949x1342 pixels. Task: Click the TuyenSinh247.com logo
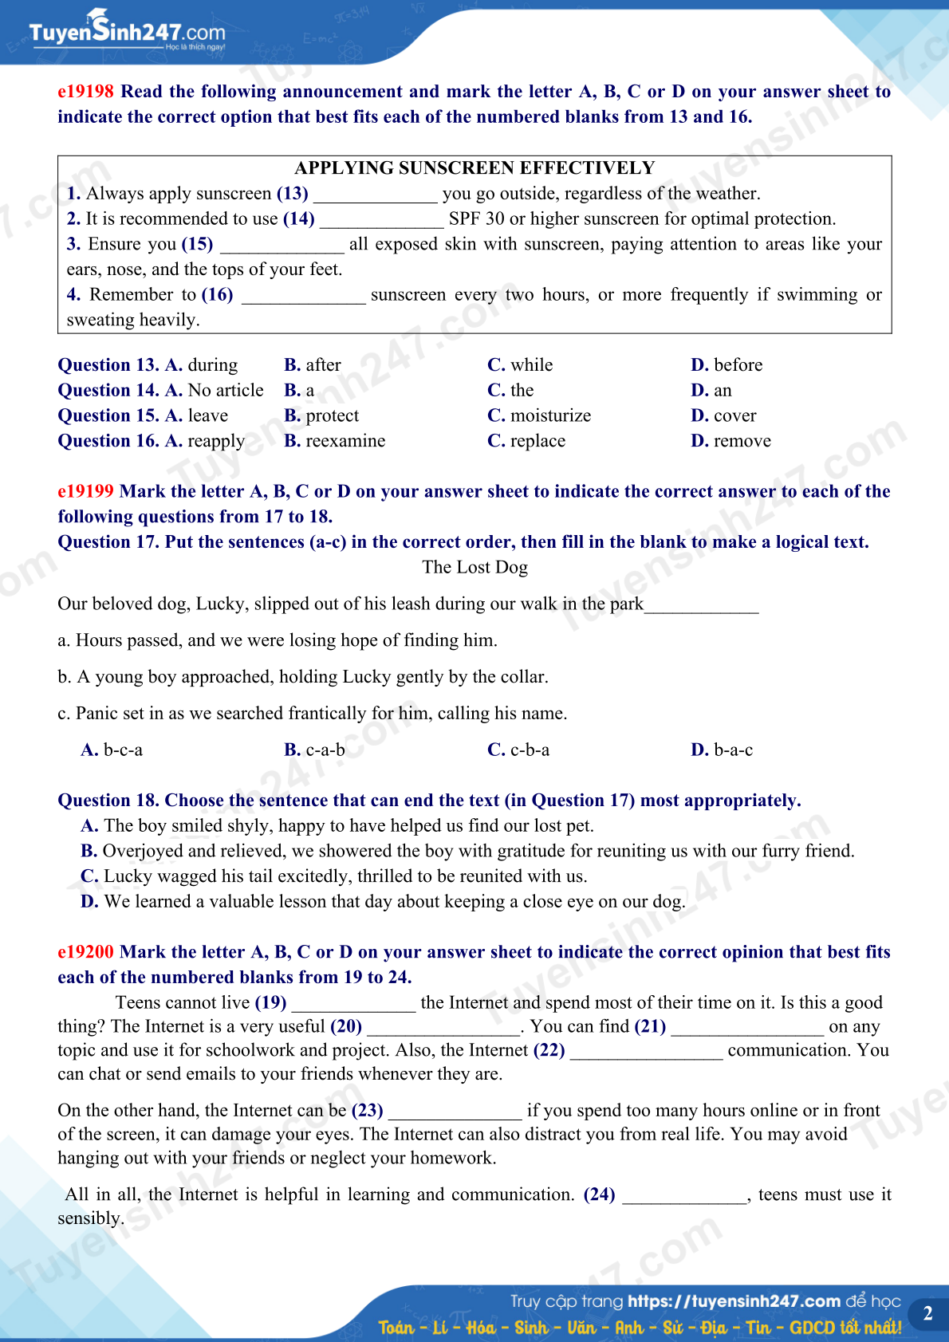(127, 32)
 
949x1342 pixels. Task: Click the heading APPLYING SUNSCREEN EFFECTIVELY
(475, 168)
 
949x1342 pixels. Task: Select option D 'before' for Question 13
(738, 365)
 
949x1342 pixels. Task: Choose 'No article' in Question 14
(226, 391)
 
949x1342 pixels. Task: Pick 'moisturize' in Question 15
(550, 416)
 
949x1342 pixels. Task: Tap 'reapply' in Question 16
(216, 442)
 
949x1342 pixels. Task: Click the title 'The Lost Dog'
(475, 568)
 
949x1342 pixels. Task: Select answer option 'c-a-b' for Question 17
(325, 750)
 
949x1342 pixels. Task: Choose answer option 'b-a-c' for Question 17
(733, 750)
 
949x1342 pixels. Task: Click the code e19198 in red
(85, 92)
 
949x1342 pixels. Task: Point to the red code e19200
(85, 952)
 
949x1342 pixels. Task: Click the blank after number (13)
(376, 195)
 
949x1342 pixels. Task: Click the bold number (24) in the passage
(599, 1195)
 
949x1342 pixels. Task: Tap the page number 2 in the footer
(927, 1313)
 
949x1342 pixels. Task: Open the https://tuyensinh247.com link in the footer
(734, 1301)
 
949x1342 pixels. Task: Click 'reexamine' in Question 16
(345, 442)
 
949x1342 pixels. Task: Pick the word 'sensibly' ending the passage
(89, 1219)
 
